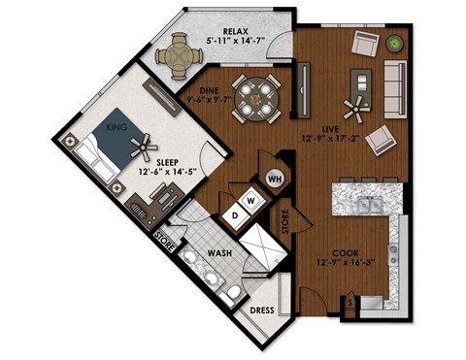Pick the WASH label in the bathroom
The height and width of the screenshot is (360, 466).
pos(219,255)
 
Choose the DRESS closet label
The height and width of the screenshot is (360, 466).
pos(262,311)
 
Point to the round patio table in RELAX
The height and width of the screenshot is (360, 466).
pos(178,53)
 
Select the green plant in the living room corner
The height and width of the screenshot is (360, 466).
pos(395,43)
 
